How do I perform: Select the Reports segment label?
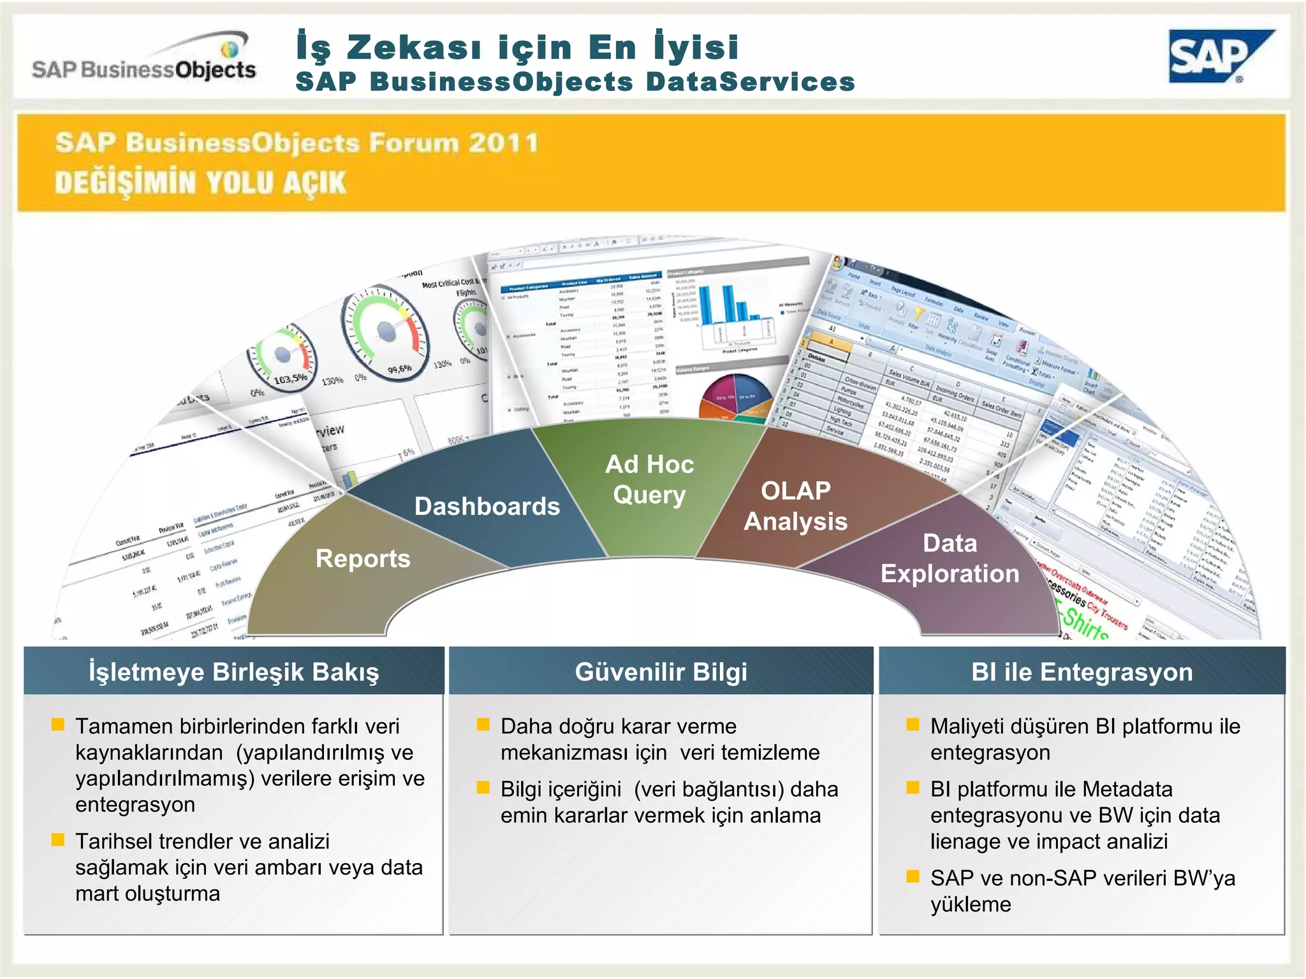(x=363, y=559)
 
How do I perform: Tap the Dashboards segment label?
(x=487, y=507)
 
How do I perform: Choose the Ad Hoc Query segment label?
(x=649, y=479)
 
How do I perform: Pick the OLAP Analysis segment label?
(x=796, y=506)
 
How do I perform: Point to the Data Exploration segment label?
(x=950, y=558)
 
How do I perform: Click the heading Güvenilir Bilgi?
(x=661, y=672)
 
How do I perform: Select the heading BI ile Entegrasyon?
(x=1082, y=672)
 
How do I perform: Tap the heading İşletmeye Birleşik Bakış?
(x=234, y=672)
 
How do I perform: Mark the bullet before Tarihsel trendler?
(x=58, y=840)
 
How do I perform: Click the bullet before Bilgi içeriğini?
(x=483, y=788)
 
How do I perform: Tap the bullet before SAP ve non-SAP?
(x=913, y=876)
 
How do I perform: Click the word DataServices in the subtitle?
(x=750, y=82)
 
